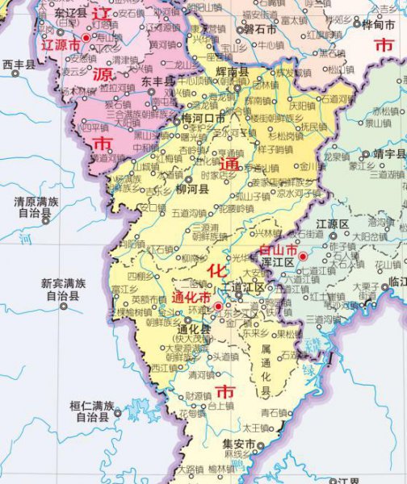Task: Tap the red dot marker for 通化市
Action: (217, 307)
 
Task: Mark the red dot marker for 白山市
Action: (303, 257)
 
